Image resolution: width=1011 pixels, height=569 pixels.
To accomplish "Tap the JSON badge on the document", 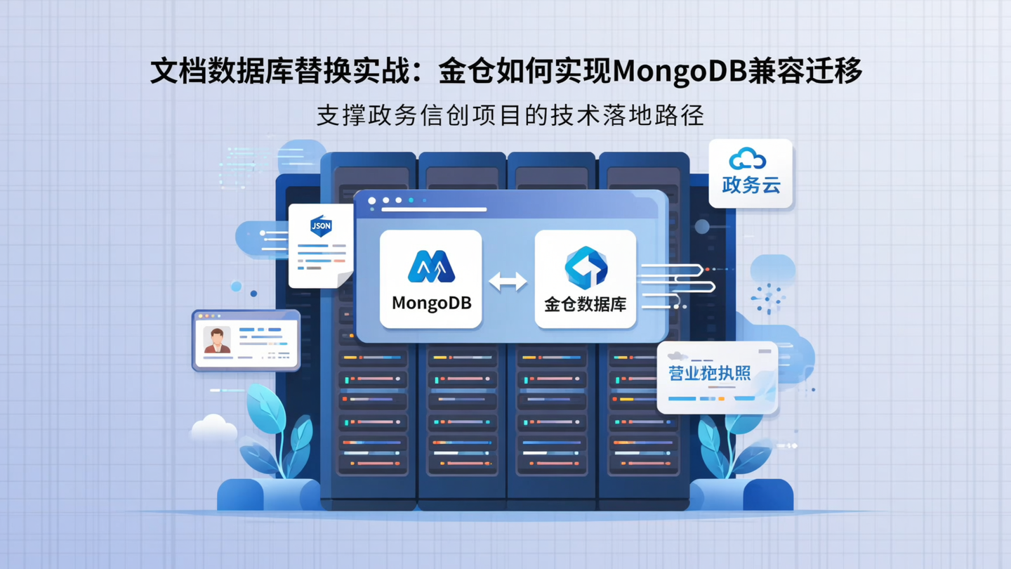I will click(321, 226).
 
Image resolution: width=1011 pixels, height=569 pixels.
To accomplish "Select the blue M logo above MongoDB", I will click(431, 267).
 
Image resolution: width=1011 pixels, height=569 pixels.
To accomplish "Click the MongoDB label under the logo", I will click(431, 303).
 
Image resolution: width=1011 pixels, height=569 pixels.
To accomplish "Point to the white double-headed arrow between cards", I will click(508, 282).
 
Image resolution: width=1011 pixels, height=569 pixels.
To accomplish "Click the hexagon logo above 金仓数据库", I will click(586, 268).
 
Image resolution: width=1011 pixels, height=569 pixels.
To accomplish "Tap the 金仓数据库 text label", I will click(585, 305).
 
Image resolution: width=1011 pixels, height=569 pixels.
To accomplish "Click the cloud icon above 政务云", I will click(748, 159).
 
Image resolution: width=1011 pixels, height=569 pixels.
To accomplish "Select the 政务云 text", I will click(751, 185).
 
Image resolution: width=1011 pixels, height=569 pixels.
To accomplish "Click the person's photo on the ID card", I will click(217, 340).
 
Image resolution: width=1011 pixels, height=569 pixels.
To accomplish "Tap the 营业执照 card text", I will click(710, 373).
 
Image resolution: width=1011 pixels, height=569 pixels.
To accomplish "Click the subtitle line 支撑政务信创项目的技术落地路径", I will click(510, 115).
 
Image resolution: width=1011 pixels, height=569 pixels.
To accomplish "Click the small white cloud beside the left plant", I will click(213, 427).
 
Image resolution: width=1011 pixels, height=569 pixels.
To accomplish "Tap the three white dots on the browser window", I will click(385, 201).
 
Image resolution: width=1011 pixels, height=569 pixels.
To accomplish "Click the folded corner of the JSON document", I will click(345, 280).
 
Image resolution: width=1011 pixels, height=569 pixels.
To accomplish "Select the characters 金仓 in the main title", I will click(464, 72).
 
